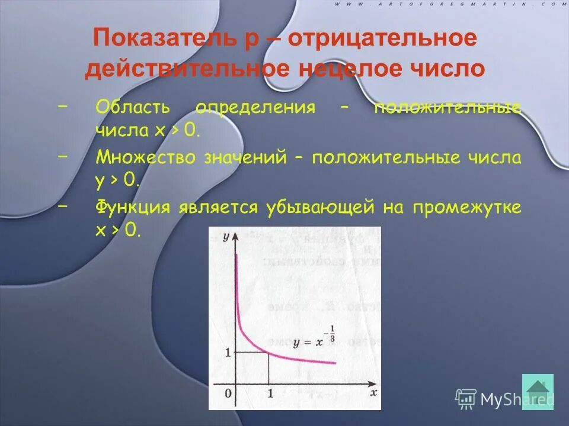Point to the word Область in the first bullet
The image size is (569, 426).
[x=132, y=108]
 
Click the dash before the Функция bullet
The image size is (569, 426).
[x=63, y=206]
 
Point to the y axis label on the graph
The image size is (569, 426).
[x=226, y=237]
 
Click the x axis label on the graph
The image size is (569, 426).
[x=373, y=392]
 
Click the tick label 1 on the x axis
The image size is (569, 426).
[x=270, y=393]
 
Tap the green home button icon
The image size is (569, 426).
[x=538, y=391]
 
